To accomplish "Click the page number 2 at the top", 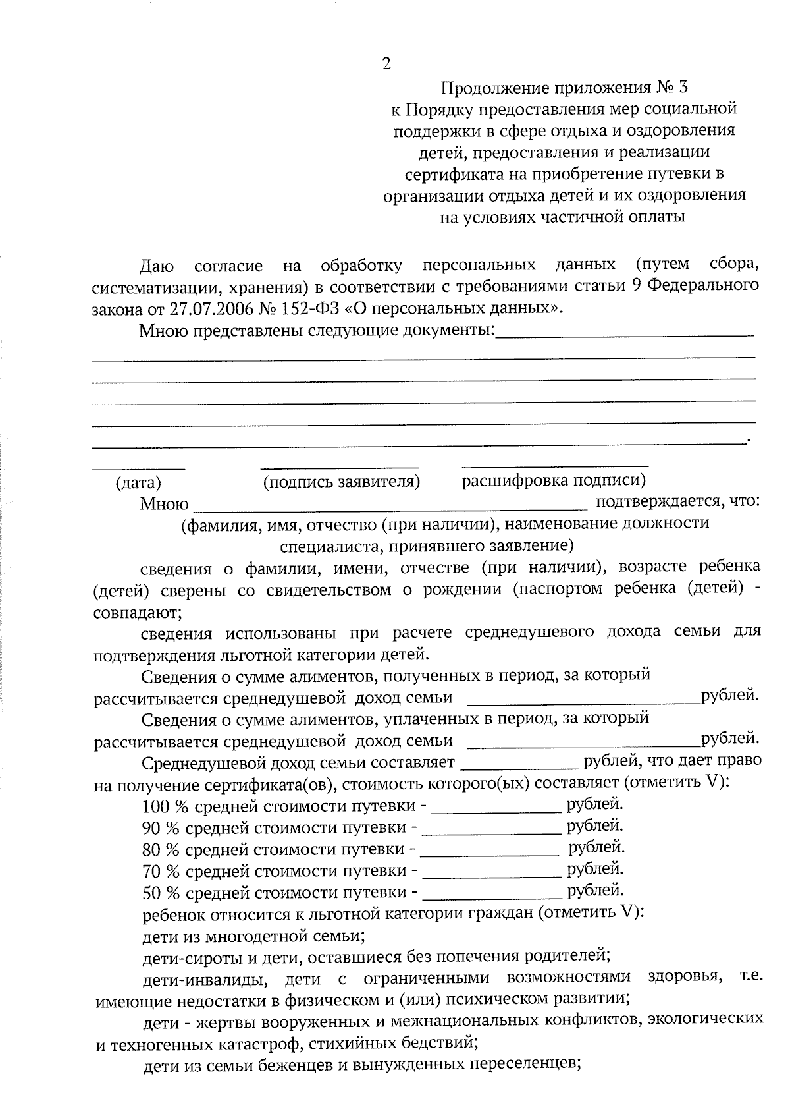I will pyautogui.click(x=386, y=64).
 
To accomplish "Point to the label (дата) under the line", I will pyautogui.click(x=138, y=483).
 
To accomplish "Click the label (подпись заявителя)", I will pyautogui.click(x=341, y=482).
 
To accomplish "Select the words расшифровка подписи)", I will pyautogui.click(x=554, y=481).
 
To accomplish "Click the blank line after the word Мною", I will pyautogui.click(x=391, y=507).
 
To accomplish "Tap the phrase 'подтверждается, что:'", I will pyautogui.click(x=677, y=502).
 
